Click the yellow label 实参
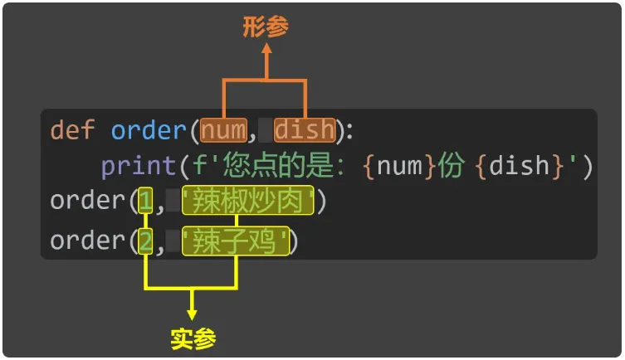coord(193,338)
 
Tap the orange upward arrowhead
coord(266,51)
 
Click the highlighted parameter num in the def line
coord(224,130)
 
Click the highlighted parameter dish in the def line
coord(305,130)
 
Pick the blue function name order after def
coord(149,130)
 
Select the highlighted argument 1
coord(146,201)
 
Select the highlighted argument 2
coord(146,241)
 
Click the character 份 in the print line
coord(452,166)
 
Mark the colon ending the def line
coord(348,131)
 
